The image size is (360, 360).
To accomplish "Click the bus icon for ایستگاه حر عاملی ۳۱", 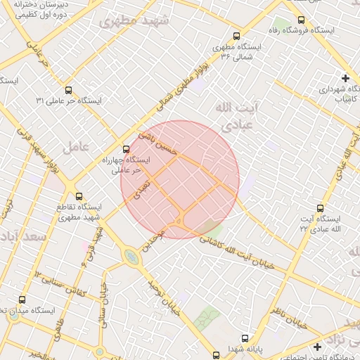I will (x=68, y=90).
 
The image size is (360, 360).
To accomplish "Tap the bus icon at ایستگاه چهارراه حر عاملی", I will (x=127, y=149).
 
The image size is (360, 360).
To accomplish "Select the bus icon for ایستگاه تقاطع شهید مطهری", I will (x=79, y=196).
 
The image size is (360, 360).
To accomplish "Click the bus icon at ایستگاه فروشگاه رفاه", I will (x=302, y=20).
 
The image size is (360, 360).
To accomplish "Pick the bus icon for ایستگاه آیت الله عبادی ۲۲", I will (x=321, y=208).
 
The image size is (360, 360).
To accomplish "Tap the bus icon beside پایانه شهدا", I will (x=216, y=353).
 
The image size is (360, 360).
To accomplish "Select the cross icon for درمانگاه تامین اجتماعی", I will (x=318, y=347).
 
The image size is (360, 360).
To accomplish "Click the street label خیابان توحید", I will (x=164, y=297).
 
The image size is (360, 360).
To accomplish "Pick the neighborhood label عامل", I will (x=74, y=148).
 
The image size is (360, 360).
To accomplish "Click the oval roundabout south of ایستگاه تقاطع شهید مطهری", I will (x=131, y=258).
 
